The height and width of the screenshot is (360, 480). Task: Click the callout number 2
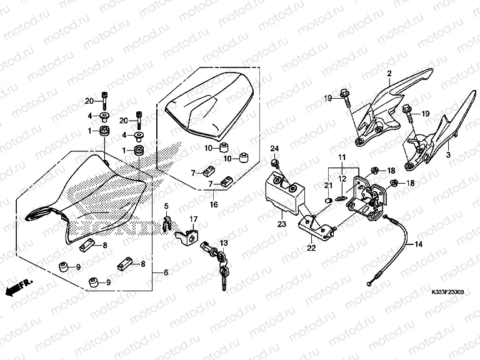point(388,74)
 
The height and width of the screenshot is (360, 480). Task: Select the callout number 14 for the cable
point(419,244)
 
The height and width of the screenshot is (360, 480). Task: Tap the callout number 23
point(282,223)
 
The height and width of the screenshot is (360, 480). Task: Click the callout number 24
point(273,148)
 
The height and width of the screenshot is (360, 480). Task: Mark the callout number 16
point(214,204)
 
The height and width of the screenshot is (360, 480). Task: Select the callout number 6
point(166,273)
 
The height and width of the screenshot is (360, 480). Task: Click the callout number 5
point(167,206)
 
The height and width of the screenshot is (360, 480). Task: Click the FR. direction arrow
point(17,287)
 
